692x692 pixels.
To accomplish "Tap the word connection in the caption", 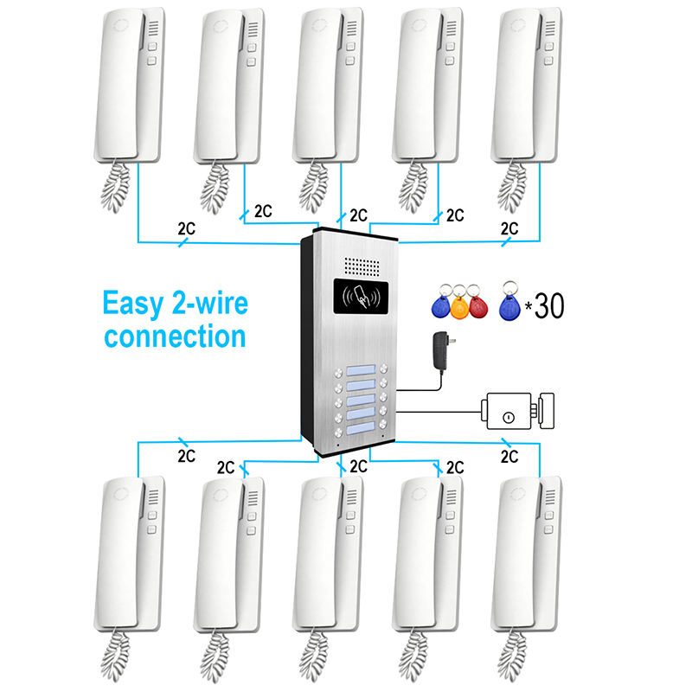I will point(174,335).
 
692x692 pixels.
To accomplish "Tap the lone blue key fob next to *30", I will point(510,304).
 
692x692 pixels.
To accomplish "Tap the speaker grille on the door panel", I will point(362,264).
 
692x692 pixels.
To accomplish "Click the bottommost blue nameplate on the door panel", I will point(362,425).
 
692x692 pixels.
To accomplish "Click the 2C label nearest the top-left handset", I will point(186,229).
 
